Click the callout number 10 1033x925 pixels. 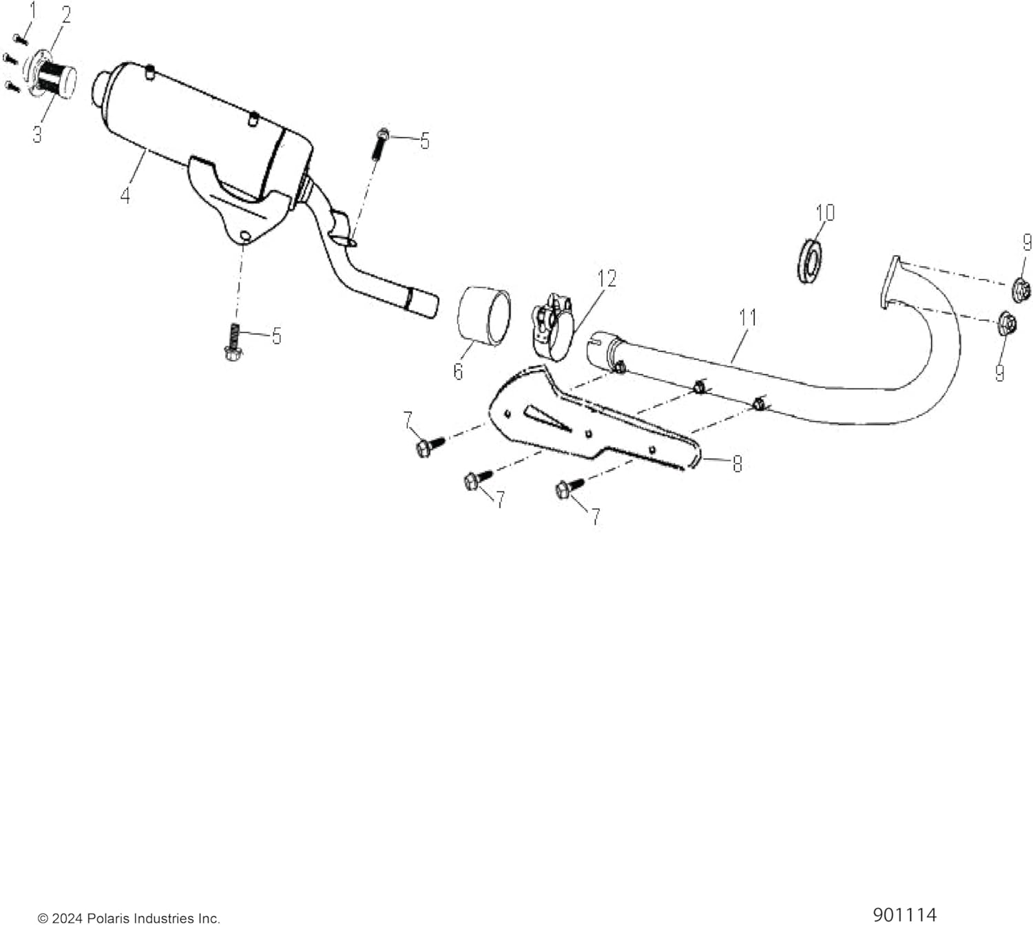pyautogui.click(x=824, y=213)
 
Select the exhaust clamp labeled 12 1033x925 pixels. pyautogui.click(x=552, y=327)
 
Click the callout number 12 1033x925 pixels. pyautogui.click(x=607, y=279)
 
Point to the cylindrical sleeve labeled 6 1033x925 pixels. pyautogui.click(x=484, y=315)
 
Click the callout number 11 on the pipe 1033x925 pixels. pyautogui.click(x=748, y=318)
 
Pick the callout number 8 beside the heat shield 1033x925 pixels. pyautogui.click(x=737, y=464)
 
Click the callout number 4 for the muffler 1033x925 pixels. pyautogui.click(x=125, y=196)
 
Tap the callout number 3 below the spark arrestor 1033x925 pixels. pyautogui.click(x=37, y=134)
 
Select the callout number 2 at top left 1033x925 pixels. pyautogui.click(x=65, y=15)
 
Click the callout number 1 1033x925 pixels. pyautogui.click(x=32, y=10)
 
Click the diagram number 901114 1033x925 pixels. pyautogui.click(x=904, y=915)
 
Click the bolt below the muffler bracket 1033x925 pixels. pyautogui.click(x=233, y=342)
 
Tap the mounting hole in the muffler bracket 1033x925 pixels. pyautogui.click(x=245, y=237)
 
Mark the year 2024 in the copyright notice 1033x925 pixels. pyautogui.click(x=67, y=918)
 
